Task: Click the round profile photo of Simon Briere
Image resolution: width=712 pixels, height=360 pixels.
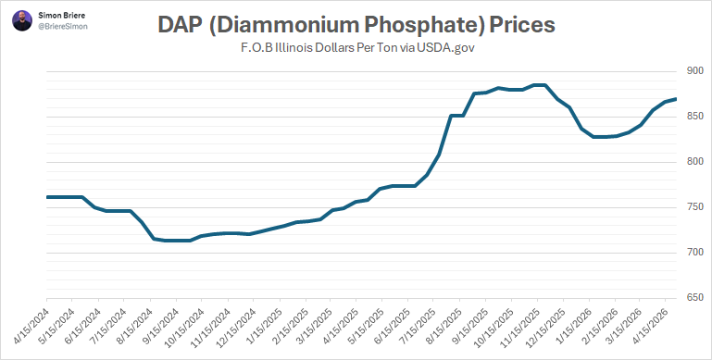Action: (x=22, y=20)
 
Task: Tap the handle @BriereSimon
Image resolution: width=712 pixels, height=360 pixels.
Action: (x=63, y=26)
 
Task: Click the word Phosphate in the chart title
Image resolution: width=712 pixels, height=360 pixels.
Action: (x=420, y=25)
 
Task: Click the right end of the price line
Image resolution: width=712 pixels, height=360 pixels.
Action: (x=676, y=99)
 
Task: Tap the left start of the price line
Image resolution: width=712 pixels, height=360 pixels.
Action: (x=47, y=197)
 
